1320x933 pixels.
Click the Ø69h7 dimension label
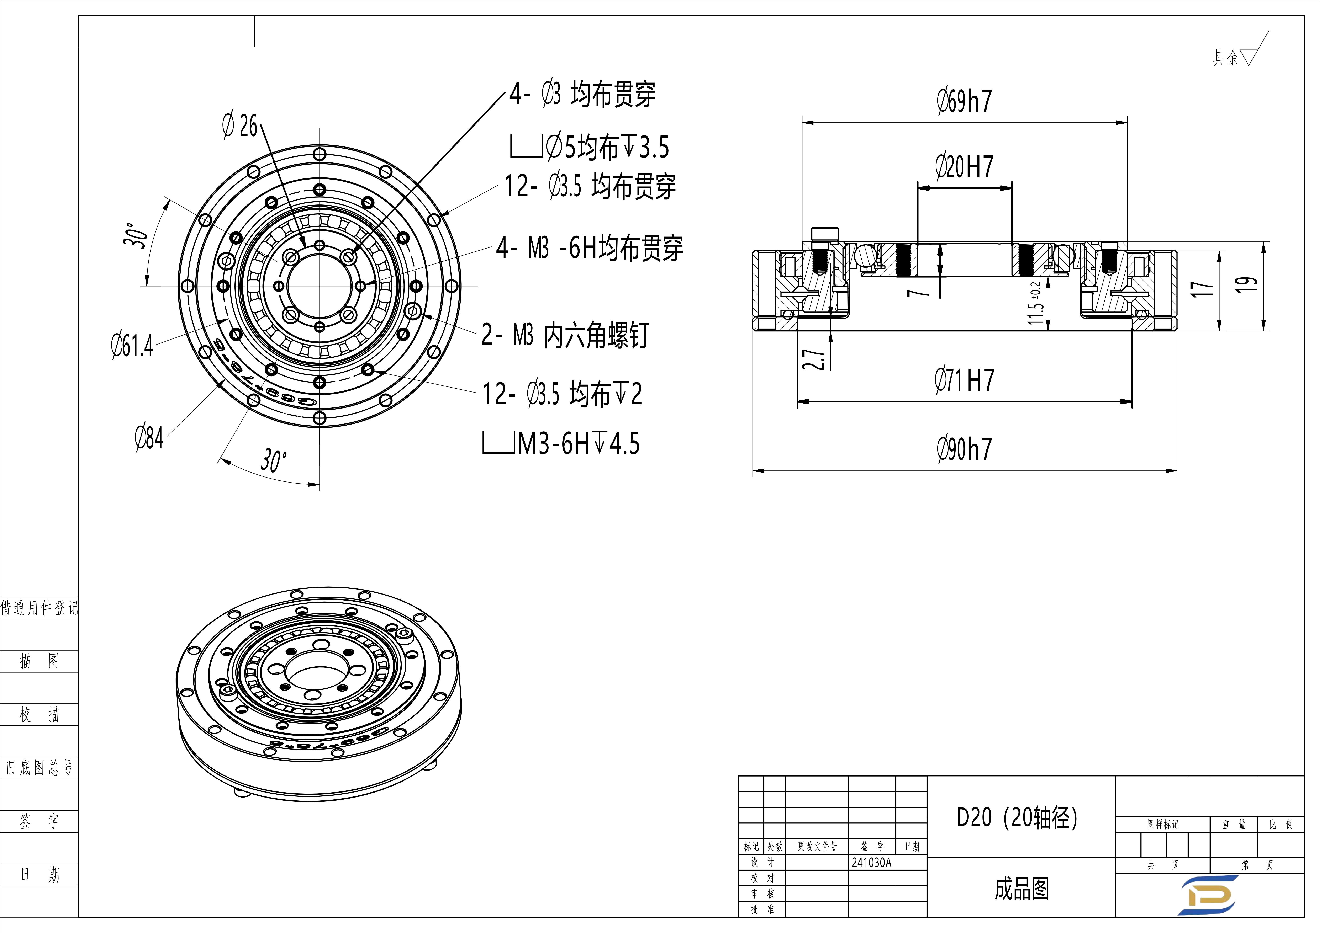tap(964, 101)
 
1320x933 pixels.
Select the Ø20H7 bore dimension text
tap(964, 167)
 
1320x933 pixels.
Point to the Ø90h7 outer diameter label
tap(964, 449)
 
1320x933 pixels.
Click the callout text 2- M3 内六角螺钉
tap(565, 335)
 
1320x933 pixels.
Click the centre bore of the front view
tap(320, 286)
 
